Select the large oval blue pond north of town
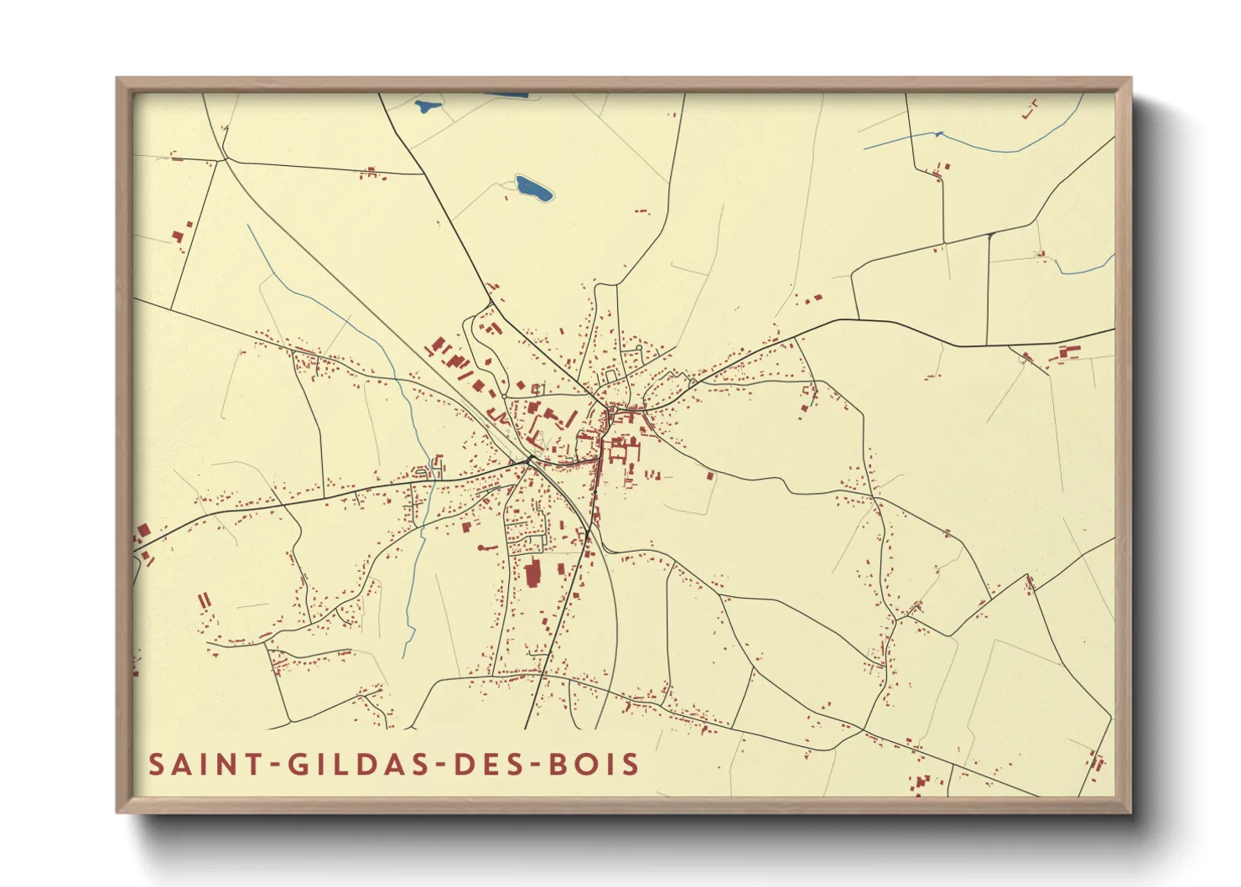point(533,189)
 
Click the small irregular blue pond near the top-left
point(428,106)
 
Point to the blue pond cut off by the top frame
point(507,95)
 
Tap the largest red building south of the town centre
point(532,575)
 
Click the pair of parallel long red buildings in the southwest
point(202,601)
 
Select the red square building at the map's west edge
point(143,532)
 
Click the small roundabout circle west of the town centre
point(528,459)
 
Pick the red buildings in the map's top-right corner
point(1030,108)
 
